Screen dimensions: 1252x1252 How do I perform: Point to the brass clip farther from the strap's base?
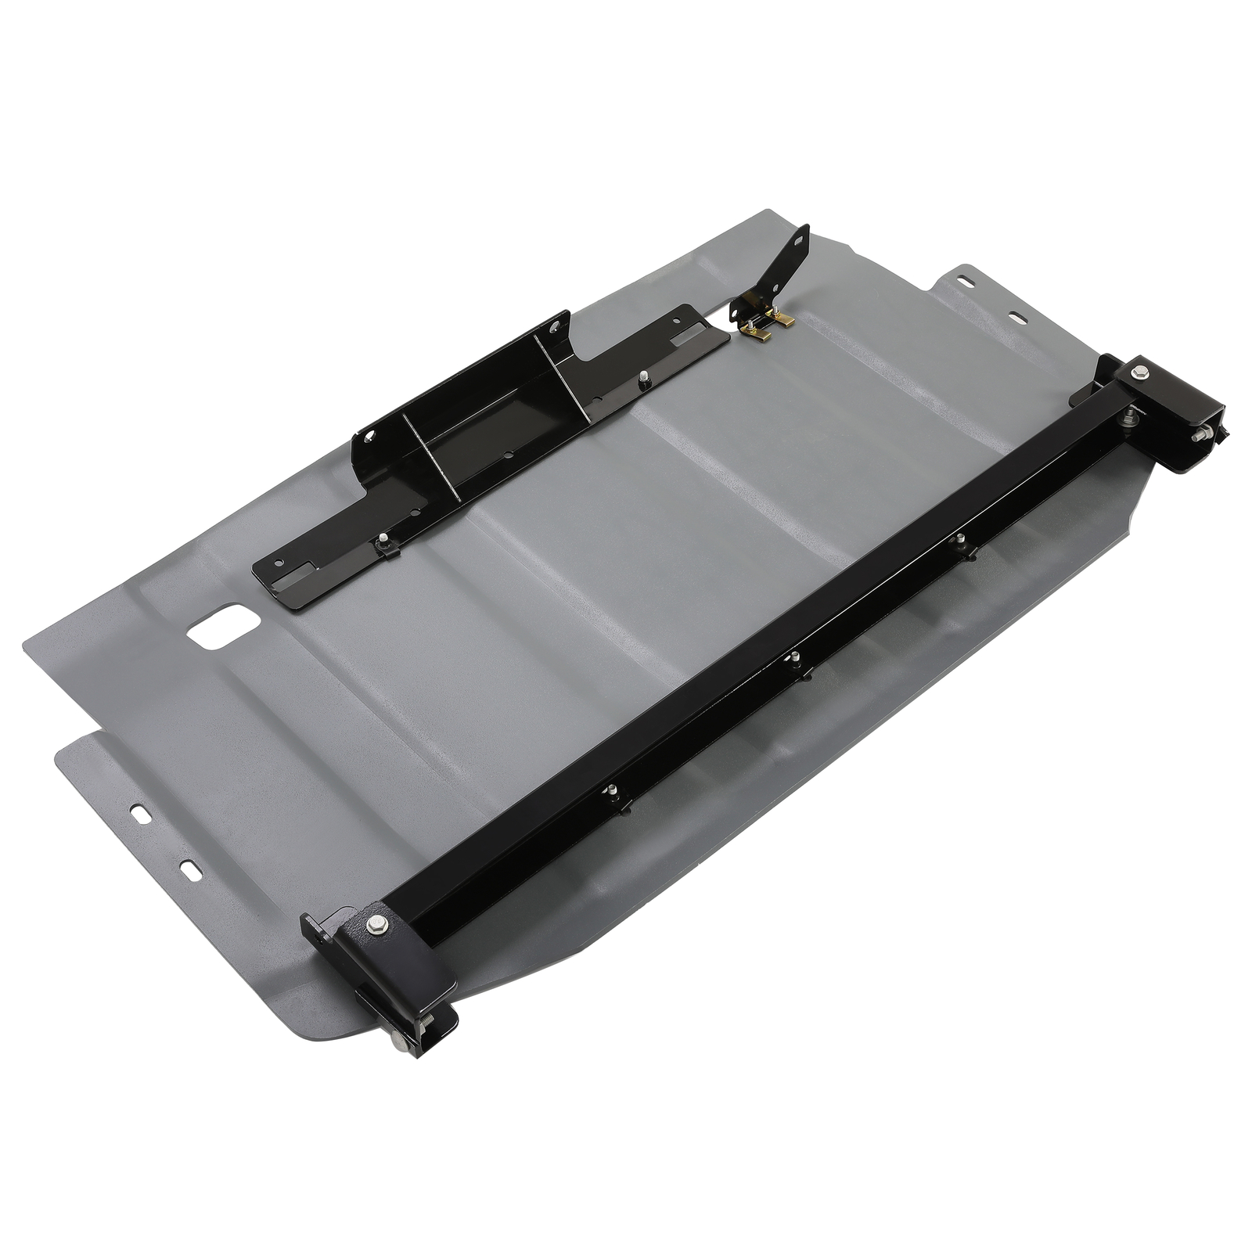761,333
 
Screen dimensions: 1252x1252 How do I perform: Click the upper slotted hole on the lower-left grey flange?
142,815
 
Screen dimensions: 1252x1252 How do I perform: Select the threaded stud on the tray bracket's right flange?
642,377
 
